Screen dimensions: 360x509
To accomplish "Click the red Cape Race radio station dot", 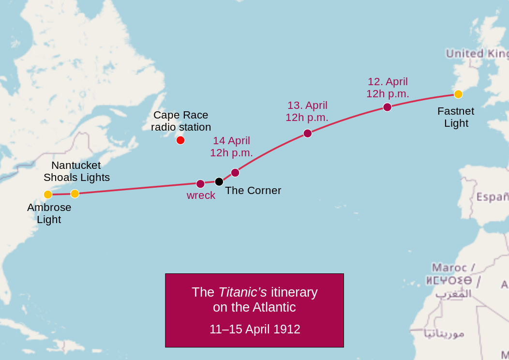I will tap(180, 140).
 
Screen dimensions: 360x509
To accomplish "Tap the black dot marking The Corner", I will tap(219, 181).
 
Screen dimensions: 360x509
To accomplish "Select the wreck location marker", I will tap(200, 184).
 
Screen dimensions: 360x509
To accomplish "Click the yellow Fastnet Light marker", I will tap(458, 94).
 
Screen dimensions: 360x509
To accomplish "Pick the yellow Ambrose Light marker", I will tap(48, 195).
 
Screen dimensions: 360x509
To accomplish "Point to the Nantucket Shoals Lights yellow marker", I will tap(75, 194).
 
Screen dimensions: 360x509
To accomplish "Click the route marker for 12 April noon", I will tap(387, 107).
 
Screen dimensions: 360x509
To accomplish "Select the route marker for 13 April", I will tap(307, 134).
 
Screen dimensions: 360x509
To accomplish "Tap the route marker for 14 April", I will tap(235, 173).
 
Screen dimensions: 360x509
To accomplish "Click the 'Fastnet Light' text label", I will tap(456, 117).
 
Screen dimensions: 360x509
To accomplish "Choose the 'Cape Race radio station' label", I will tap(181, 121).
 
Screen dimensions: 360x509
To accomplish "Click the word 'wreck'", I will tap(201, 195).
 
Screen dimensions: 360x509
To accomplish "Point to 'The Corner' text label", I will tap(253, 191).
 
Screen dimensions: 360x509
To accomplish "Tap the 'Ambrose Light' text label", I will tap(49, 213).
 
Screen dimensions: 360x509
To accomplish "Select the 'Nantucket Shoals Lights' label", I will tap(76, 171).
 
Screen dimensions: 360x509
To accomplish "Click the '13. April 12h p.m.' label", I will tap(307, 111).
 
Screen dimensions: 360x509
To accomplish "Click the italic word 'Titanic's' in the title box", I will tap(242, 292).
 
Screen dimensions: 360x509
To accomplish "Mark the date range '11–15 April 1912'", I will tap(254, 330).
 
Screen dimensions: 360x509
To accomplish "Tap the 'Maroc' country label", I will tap(449, 268).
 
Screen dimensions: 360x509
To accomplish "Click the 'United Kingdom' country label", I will tap(477, 53).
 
